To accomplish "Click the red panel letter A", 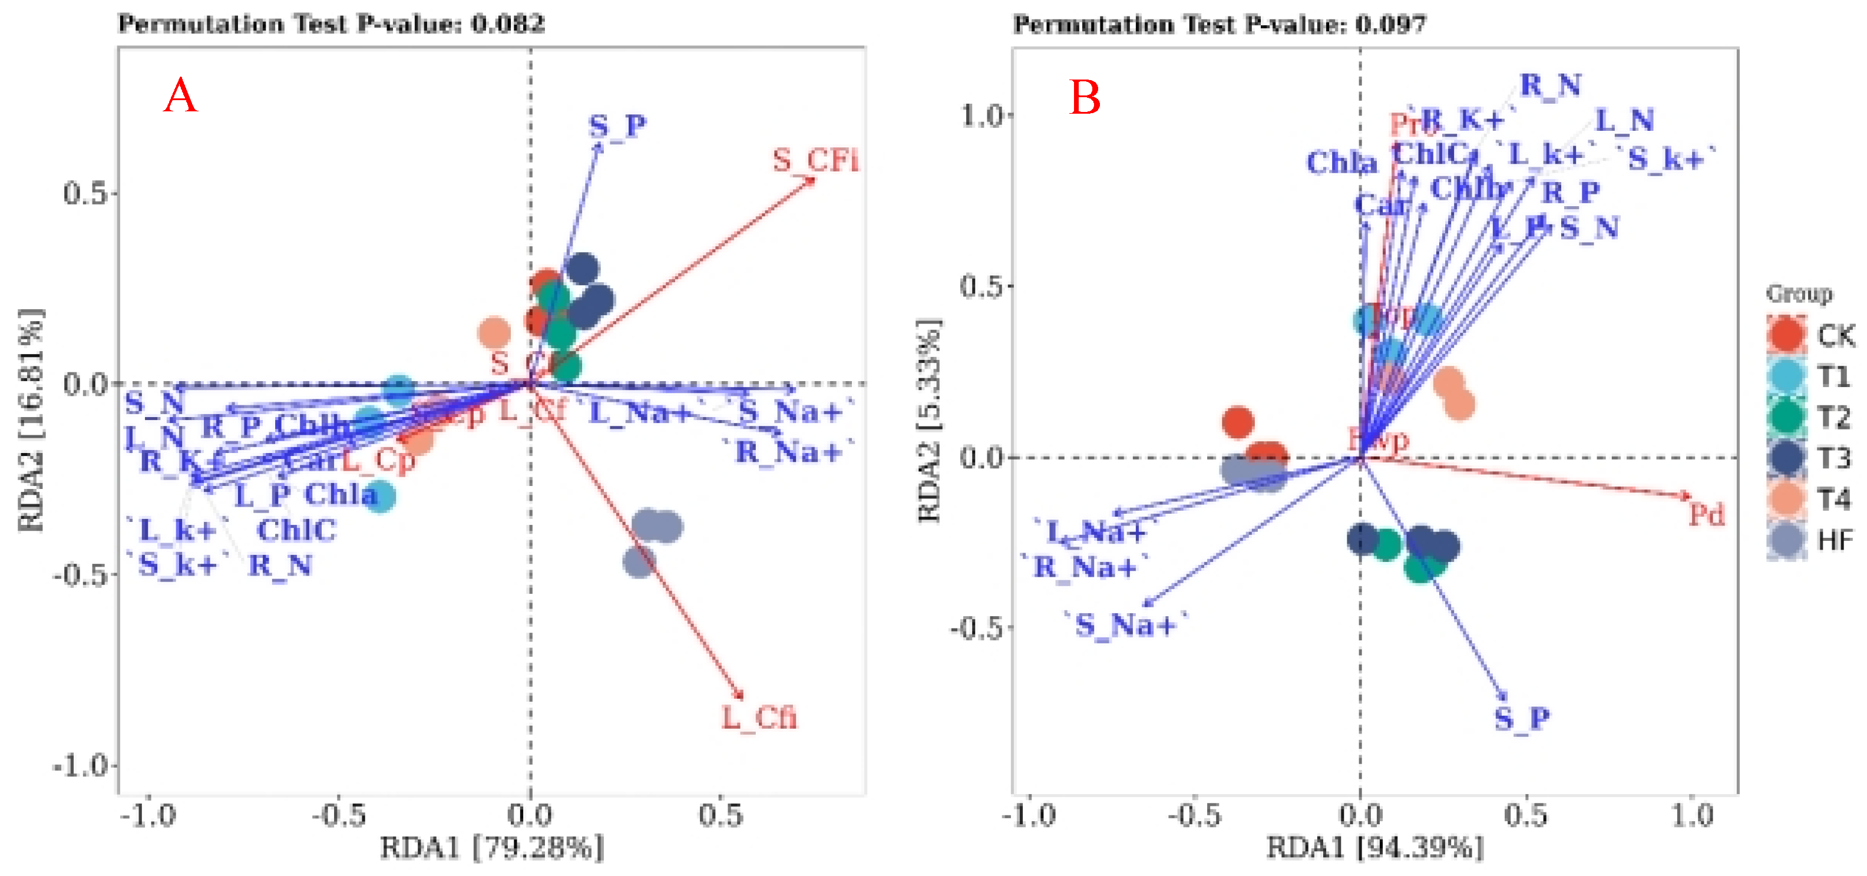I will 180,97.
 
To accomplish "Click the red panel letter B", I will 1085,98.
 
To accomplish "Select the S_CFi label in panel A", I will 815,160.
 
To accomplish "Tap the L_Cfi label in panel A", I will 759,718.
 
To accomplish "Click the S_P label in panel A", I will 617,126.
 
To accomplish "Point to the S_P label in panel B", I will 1521,718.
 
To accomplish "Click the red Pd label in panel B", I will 1706,515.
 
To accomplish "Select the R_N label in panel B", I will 1550,85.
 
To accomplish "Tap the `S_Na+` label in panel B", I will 1125,624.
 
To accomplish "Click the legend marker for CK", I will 1786,335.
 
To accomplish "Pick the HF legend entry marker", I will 1786,541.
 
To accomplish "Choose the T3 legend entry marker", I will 1786,459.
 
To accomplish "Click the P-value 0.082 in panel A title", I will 507,24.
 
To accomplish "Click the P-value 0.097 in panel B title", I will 1390,25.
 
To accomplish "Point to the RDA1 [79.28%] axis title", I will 491,847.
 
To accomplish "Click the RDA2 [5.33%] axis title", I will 929,420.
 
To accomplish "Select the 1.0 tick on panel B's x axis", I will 1691,816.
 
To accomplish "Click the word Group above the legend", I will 1799,293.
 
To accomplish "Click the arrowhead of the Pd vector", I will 1686,495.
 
